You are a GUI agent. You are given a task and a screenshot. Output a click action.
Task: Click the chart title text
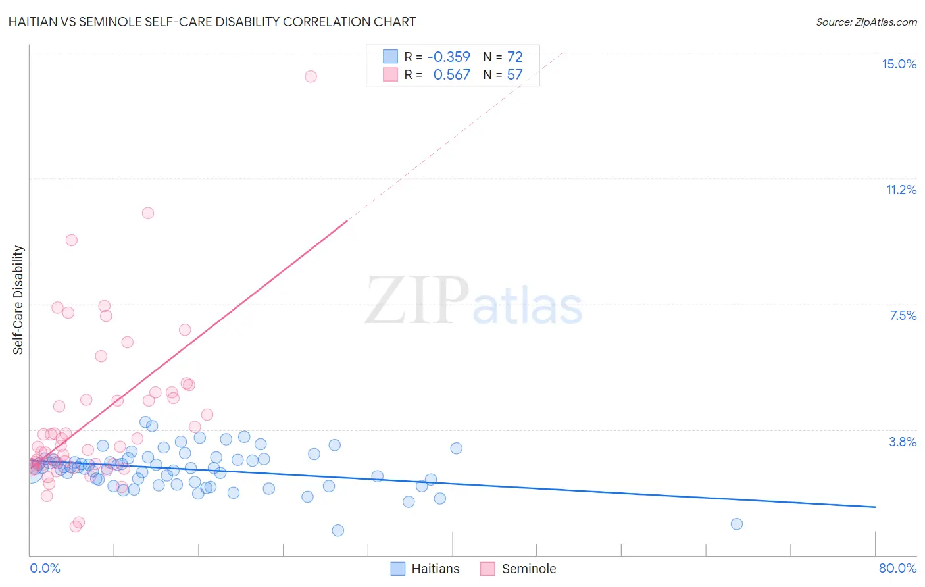click(x=212, y=22)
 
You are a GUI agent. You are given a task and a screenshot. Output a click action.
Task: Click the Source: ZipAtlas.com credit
click(x=866, y=22)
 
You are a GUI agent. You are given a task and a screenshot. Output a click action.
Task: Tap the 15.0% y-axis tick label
click(x=899, y=64)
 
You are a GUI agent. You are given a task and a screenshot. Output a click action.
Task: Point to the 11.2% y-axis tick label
click(x=901, y=190)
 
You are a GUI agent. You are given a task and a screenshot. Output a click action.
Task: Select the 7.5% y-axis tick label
click(x=903, y=315)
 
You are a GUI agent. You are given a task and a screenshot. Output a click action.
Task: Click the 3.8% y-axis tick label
click(x=903, y=442)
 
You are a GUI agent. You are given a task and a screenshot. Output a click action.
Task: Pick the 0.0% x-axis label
click(x=45, y=568)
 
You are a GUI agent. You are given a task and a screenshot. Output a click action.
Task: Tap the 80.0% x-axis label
click(x=897, y=568)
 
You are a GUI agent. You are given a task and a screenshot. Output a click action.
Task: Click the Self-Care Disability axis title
click(x=18, y=300)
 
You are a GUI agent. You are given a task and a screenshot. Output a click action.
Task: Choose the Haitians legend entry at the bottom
click(x=425, y=569)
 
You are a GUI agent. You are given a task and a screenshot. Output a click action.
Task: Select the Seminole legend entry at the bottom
click(x=518, y=569)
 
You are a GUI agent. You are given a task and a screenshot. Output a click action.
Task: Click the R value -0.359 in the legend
click(x=449, y=57)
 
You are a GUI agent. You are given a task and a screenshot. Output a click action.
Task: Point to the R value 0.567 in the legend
click(x=451, y=74)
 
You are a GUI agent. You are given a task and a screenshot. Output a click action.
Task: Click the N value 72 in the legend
click(x=514, y=57)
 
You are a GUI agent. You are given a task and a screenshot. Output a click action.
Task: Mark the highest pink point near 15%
click(x=311, y=76)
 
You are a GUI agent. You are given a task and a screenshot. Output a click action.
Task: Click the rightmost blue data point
click(x=737, y=524)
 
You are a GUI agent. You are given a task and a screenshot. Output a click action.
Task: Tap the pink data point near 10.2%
click(x=148, y=213)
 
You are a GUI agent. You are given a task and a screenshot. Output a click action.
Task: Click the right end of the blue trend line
click(x=875, y=507)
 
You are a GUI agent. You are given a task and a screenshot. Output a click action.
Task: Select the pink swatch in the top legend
click(x=390, y=74)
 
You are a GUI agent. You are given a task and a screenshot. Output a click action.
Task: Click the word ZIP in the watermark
click(x=417, y=300)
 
